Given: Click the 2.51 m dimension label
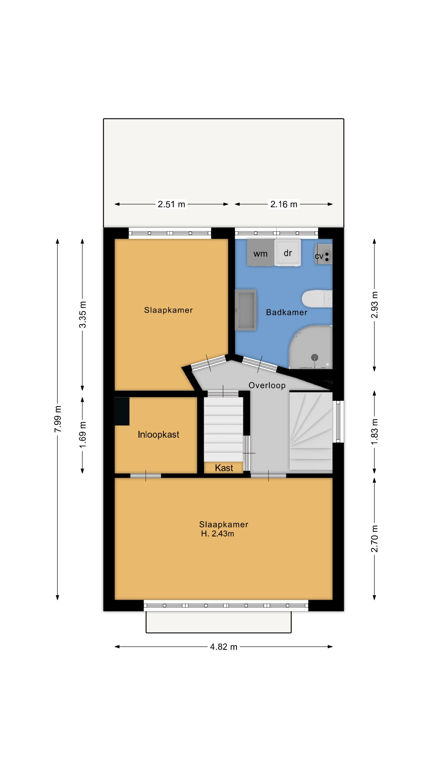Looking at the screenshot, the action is (x=171, y=204).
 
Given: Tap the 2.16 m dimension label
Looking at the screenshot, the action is (x=284, y=204).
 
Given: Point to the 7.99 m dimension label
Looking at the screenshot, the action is (x=58, y=419).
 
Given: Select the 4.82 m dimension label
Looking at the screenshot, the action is (x=224, y=647).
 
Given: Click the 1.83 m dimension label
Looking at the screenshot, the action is (x=374, y=432).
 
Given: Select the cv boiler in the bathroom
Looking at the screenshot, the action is (x=323, y=254).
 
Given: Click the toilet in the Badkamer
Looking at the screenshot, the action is (x=317, y=299).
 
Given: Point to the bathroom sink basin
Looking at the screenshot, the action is (x=246, y=310).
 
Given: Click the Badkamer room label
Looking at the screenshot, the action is (x=287, y=312).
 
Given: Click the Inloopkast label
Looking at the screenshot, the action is (x=158, y=435).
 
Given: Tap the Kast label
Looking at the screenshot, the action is (x=224, y=468).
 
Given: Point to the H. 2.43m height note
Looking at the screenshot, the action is (x=218, y=534).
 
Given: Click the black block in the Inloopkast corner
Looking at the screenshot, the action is (x=122, y=411).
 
